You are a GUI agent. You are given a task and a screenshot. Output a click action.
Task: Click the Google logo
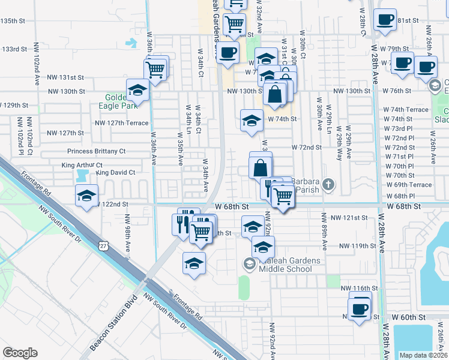(x=20, y=353)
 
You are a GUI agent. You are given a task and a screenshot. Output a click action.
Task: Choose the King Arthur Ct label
(x=82, y=165)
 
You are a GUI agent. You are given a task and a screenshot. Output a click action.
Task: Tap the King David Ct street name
(x=115, y=172)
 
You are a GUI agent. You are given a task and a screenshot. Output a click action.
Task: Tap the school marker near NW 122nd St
(x=86, y=196)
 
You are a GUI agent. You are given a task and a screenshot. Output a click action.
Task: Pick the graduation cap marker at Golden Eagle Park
(x=137, y=91)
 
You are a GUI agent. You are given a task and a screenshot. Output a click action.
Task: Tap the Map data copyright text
(x=423, y=355)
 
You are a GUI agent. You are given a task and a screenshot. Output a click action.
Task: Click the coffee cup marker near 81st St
(x=384, y=20)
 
